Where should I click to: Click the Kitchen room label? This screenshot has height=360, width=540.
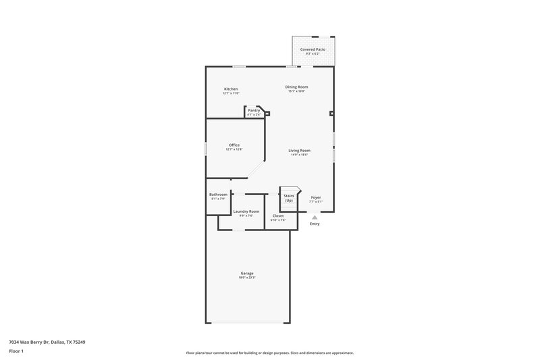coord(231,89)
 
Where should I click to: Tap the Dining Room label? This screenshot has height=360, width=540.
coord(296,86)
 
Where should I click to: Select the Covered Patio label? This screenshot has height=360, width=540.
coord(313,50)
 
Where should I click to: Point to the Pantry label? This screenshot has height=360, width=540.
coord(254,110)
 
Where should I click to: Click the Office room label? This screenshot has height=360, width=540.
coord(234,145)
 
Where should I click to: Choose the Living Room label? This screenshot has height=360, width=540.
coord(299,150)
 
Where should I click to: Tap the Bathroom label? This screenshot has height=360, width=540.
coord(218,195)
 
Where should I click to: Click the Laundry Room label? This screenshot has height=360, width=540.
coord(246,211)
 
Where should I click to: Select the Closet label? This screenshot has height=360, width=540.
coord(278,215)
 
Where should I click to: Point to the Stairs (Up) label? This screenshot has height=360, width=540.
coord(288,198)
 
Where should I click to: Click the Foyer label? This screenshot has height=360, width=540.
coord(316,197)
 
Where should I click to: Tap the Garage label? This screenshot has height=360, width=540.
coord(246,273)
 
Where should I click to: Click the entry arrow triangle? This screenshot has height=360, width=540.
coord(315,217)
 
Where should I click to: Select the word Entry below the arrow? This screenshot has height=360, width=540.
coord(315,224)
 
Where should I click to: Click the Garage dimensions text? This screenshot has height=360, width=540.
coord(246,277)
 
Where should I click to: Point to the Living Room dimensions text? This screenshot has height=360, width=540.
coord(299,155)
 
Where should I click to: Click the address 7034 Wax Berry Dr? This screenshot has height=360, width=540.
coord(47,342)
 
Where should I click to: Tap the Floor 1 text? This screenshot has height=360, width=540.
coord(16,351)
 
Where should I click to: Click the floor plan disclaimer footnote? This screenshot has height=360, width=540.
coord(269,353)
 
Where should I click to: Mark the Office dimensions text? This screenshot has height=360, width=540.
coord(234,149)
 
